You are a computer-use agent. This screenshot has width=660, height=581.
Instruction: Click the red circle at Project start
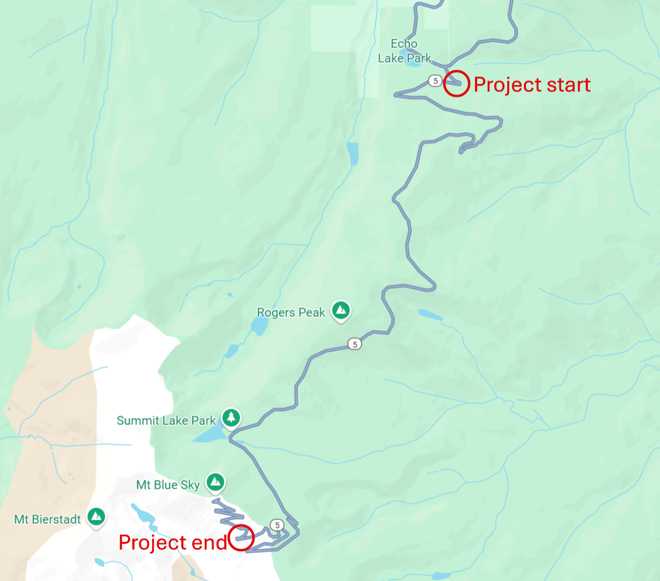(x=456, y=83)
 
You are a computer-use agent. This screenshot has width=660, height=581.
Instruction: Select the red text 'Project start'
(x=532, y=84)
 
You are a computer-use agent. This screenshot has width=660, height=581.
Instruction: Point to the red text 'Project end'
(x=173, y=542)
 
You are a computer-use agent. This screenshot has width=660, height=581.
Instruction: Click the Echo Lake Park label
(x=404, y=51)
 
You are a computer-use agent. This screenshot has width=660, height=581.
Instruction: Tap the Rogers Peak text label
(x=291, y=313)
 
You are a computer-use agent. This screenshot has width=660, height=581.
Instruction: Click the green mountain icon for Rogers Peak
(x=340, y=310)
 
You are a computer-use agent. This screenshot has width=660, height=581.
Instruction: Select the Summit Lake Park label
(x=166, y=421)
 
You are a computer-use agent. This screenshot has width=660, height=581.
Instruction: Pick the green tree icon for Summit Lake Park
(x=231, y=417)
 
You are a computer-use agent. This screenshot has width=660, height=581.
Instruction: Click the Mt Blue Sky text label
(x=168, y=485)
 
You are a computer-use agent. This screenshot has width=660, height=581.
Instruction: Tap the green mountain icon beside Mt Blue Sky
(x=216, y=481)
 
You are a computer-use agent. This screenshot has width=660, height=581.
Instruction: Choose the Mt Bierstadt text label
(x=47, y=519)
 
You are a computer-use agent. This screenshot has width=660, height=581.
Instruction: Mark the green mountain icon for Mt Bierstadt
(x=96, y=516)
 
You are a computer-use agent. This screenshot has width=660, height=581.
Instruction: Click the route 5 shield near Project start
(x=435, y=81)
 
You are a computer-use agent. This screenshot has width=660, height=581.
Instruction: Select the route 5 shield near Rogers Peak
(x=354, y=344)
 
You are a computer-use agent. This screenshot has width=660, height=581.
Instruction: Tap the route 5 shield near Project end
(x=276, y=525)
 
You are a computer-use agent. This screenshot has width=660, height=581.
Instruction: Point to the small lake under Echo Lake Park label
(x=413, y=60)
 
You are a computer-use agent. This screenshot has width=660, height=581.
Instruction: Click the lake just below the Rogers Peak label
(x=259, y=325)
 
